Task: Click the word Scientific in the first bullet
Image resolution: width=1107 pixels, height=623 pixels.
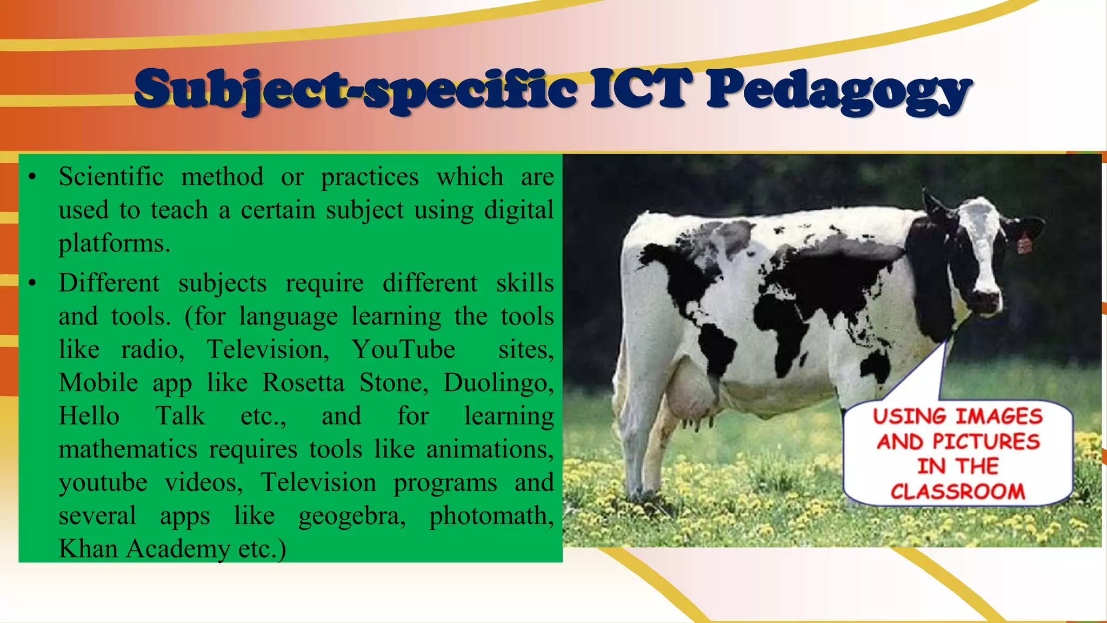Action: click(x=111, y=177)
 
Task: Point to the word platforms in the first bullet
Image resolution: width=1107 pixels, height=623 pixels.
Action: click(x=114, y=244)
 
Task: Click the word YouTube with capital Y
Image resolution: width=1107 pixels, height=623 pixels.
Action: click(x=403, y=349)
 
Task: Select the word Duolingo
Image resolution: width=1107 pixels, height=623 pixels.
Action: click(x=498, y=383)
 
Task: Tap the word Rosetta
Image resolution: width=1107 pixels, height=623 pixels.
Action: click(x=303, y=383)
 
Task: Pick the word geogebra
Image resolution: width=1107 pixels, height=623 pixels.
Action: click(x=351, y=516)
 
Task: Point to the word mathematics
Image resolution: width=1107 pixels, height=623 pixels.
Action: click(x=128, y=449)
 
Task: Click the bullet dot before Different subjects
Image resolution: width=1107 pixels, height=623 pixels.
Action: click(x=33, y=283)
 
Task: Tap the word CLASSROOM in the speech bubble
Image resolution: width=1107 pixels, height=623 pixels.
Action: click(x=957, y=492)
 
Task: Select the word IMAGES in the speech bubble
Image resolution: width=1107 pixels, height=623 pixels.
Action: click(x=998, y=416)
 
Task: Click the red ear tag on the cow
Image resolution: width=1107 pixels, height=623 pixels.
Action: click(x=1024, y=242)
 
